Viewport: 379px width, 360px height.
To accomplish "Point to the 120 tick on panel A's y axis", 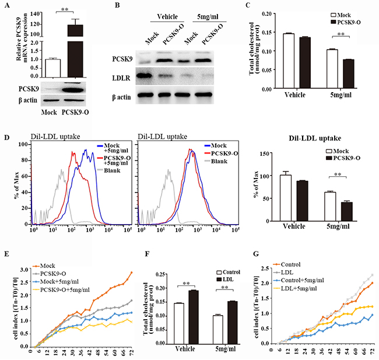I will coord(26,25).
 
